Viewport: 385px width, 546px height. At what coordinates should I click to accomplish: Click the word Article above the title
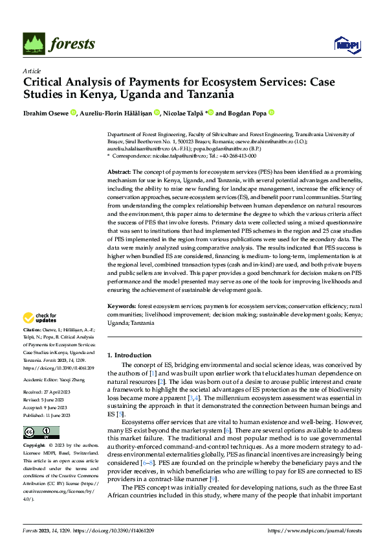tap(32, 71)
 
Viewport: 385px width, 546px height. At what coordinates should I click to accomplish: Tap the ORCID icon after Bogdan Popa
tap(272, 112)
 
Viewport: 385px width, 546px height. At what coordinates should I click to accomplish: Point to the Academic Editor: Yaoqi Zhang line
tap(54, 380)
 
